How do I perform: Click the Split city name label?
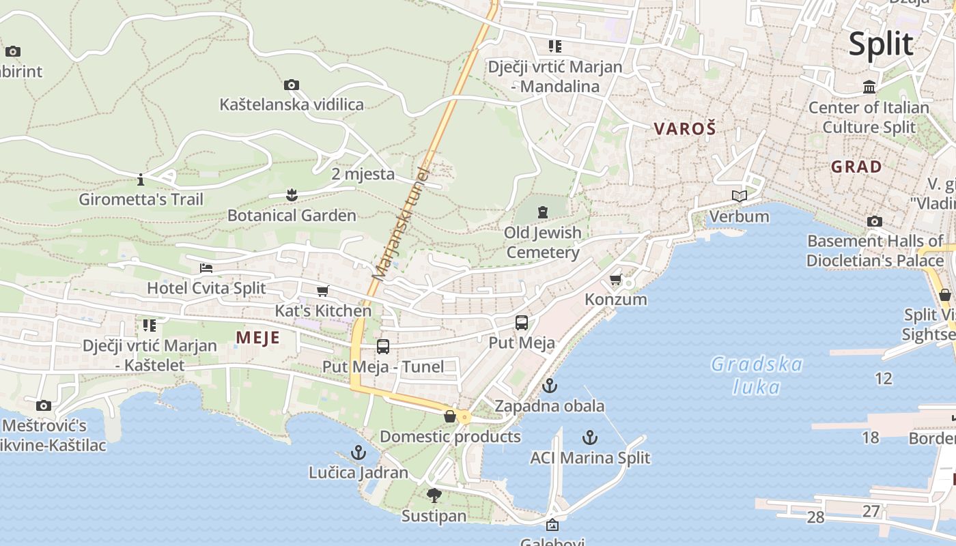point(881,44)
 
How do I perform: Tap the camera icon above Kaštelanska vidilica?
point(292,85)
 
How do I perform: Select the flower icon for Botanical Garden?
point(292,196)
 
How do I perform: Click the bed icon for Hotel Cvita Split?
point(206,268)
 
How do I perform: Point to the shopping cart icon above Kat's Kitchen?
point(323,291)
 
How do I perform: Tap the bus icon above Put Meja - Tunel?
point(383,347)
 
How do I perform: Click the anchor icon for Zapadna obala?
point(550,386)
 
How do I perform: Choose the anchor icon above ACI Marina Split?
point(590,437)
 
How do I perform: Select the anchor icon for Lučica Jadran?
point(358,452)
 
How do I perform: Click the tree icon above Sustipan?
point(434,495)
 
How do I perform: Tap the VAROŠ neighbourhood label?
point(685,128)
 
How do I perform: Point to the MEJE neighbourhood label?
point(258,337)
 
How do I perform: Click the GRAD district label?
point(856,167)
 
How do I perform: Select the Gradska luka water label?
point(757,375)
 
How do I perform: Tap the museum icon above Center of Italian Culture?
point(869,87)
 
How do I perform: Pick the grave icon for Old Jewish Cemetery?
point(543,212)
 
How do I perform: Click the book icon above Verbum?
point(739,197)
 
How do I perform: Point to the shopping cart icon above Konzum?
point(615,280)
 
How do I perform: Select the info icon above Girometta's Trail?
point(141,180)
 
